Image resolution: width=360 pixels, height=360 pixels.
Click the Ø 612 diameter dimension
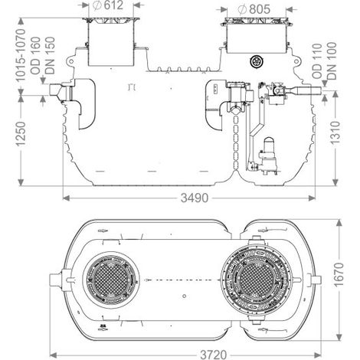point(107,5)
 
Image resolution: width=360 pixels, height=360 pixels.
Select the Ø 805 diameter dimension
point(254,9)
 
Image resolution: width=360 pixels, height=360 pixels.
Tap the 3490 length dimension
point(195,198)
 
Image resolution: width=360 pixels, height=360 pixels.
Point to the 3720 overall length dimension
point(213,355)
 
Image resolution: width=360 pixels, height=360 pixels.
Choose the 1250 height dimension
point(21,134)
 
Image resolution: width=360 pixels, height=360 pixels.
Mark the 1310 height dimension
point(335,133)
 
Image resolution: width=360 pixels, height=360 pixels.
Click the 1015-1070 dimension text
point(21,55)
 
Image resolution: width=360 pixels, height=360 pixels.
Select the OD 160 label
point(35,55)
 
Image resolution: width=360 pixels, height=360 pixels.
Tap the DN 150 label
point(50,55)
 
